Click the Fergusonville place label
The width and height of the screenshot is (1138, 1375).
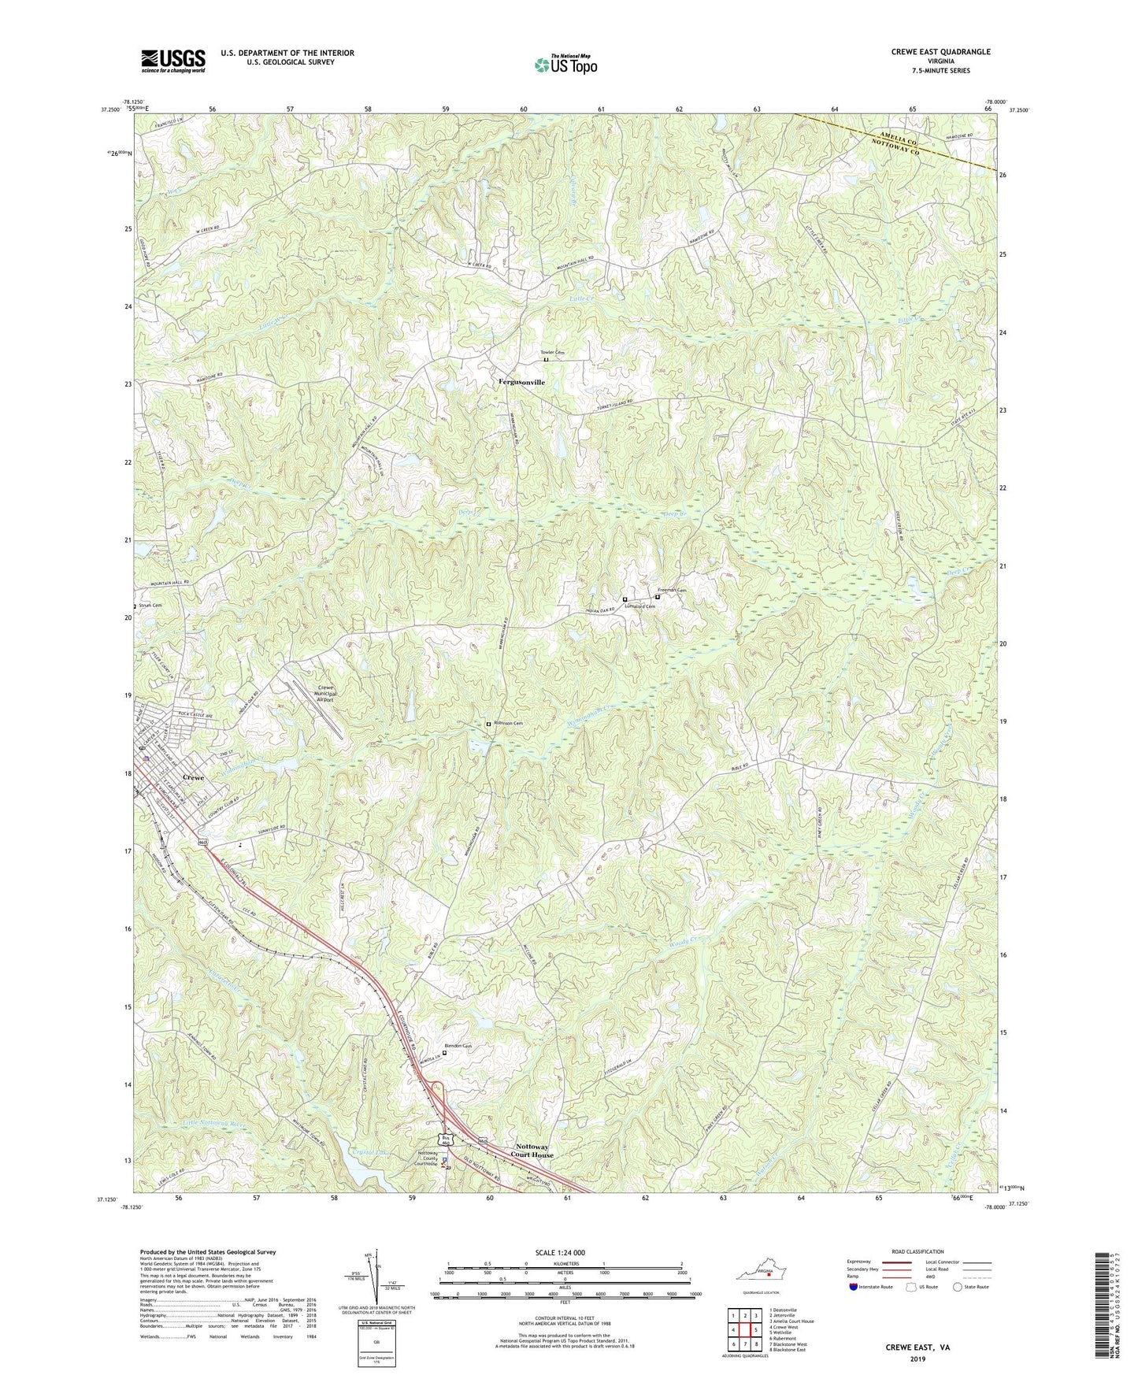coord(521,382)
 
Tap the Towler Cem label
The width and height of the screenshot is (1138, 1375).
coord(552,352)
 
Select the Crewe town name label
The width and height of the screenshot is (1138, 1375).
coord(193,777)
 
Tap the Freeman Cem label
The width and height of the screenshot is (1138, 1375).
coord(672,591)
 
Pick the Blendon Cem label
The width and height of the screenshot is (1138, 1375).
coord(458,1046)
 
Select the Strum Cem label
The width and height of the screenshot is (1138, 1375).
coord(150,606)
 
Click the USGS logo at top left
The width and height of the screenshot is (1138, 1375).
coord(173,61)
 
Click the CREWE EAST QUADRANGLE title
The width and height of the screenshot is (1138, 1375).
coord(940,52)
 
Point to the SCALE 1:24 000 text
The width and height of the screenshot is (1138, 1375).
coord(565,1253)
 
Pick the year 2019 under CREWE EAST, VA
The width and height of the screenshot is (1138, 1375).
coord(917,1358)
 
